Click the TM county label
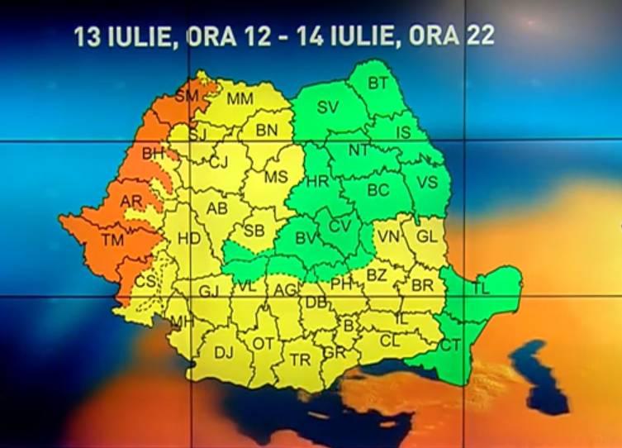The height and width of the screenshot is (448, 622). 112,241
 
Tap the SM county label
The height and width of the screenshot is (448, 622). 187,96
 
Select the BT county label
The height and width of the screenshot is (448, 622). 377,83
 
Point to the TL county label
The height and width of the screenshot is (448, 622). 482,288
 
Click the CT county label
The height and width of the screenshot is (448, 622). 449,346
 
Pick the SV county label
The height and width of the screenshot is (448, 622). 328,107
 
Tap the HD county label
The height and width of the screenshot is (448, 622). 189,239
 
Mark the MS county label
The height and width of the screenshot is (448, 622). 276,177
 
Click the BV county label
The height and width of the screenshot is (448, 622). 307,238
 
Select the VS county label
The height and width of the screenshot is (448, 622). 427,182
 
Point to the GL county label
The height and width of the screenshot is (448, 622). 426,236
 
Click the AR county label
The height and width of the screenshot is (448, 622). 131,202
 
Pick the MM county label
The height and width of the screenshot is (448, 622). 240,99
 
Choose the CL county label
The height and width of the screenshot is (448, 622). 390,339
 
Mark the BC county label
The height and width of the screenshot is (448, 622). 377,190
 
